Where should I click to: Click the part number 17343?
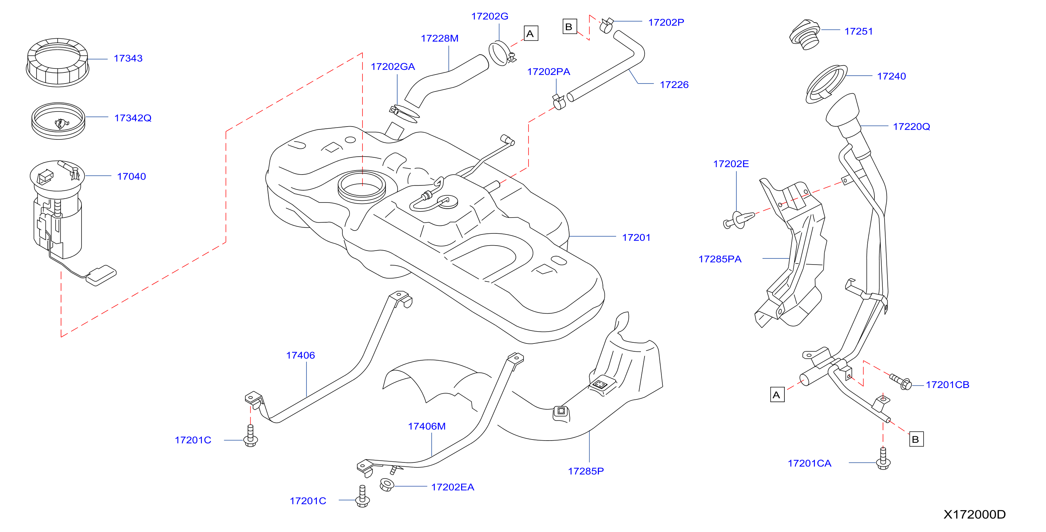tap(128, 58)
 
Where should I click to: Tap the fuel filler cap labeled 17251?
tap(805, 34)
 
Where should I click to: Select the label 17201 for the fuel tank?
tap(636, 237)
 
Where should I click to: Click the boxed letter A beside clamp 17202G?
tap(531, 33)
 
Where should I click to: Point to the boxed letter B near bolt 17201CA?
tap(916, 439)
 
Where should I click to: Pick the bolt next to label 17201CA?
tap(883, 459)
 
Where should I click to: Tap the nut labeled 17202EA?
tap(386, 485)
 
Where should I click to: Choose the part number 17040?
tap(131, 176)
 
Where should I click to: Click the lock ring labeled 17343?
tap(58, 62)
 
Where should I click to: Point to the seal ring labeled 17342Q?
tap(58, 120)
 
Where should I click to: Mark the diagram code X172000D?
tap(975, 514)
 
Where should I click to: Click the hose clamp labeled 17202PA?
tap(559, 102)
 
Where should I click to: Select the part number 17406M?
tap(427, 427)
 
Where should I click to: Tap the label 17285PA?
tap(720, 259)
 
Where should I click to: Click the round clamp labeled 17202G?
tap(502, 53)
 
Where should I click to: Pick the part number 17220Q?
tap(911, 127)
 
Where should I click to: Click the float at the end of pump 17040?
tap(101, 276)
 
